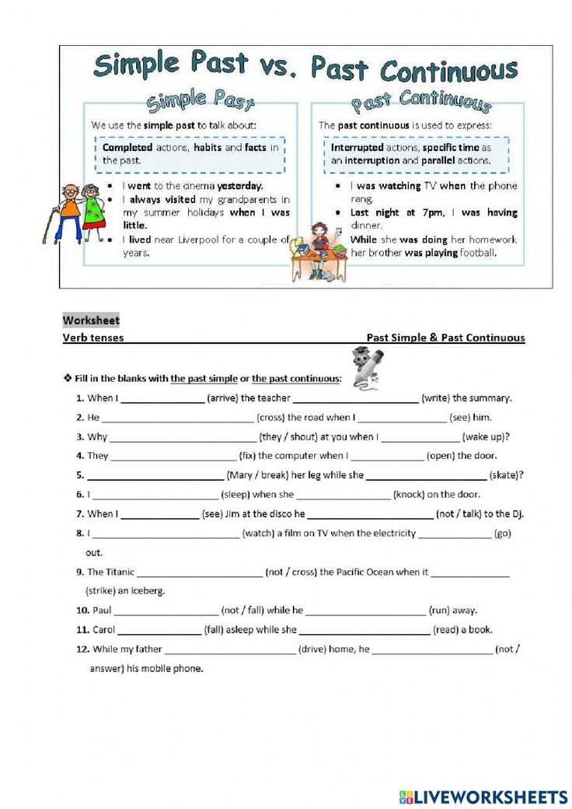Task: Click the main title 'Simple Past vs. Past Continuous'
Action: click(x=305, y=68)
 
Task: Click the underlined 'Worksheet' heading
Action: click(x=91, y=320)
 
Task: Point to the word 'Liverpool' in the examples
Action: click(x=201, y=240)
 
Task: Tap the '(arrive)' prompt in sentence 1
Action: click(x=227, y=398)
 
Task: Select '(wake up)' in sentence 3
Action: click(x=486, y=437)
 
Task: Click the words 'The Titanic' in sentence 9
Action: click(x=110, y=572)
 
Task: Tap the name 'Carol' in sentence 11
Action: click(x=103, y=630)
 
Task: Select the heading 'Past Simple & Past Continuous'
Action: click(x=445, y=338)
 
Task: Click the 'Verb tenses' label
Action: click(x=92, y=338)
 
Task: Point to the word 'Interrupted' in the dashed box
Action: click(x=357, y=147)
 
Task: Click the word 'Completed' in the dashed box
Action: click(x=127, y=147)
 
